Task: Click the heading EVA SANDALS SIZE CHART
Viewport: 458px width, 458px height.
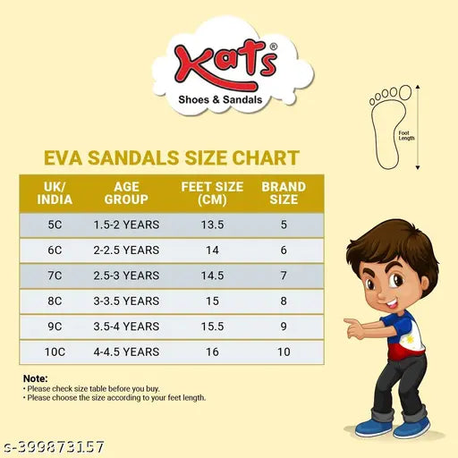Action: [x=171, y=158]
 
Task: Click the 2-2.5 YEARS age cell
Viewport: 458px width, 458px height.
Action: [x=126, y=250]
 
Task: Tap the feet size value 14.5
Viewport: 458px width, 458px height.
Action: [x=212, y=276]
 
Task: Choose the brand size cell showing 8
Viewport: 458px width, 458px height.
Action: [x=284, y=301]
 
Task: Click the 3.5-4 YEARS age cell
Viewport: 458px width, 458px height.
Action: [x=126, y=327]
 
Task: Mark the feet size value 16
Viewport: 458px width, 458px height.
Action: [x=212, y=352]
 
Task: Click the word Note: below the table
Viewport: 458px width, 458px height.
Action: [x=35, y=379]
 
